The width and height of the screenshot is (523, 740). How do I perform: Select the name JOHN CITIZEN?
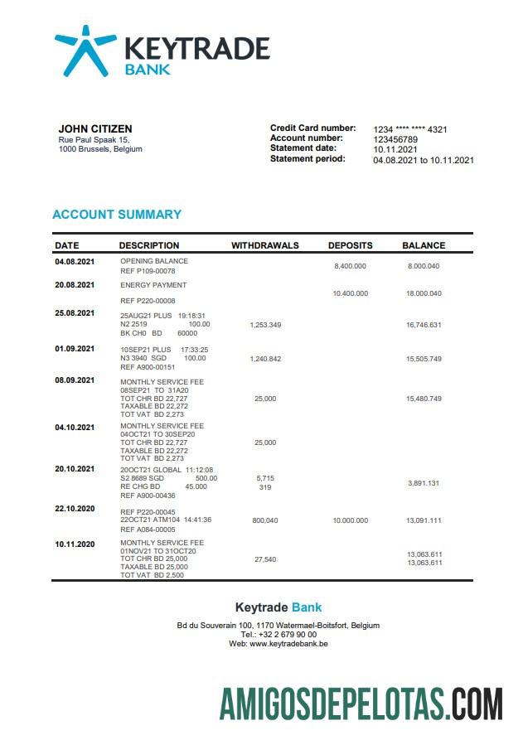94,128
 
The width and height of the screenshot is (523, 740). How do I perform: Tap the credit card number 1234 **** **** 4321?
410,129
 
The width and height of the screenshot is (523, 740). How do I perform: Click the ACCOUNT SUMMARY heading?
117,215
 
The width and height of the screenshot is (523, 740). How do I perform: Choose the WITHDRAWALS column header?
265,245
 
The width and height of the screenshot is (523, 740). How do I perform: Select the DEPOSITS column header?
350,245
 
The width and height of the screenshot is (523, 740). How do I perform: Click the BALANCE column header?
424,245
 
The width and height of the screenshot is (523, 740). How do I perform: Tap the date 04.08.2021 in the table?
75,262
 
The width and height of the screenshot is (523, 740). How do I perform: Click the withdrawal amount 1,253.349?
265,325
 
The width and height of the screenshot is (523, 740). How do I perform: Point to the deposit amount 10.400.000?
350,293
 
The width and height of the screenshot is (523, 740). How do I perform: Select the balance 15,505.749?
424,358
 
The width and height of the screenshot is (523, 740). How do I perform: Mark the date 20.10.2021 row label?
75,469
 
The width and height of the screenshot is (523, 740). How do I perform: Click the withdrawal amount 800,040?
265,520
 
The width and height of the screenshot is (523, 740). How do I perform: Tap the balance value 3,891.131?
424,483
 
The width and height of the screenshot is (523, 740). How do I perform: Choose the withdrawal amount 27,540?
265,559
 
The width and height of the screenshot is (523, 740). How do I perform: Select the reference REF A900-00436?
148,496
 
